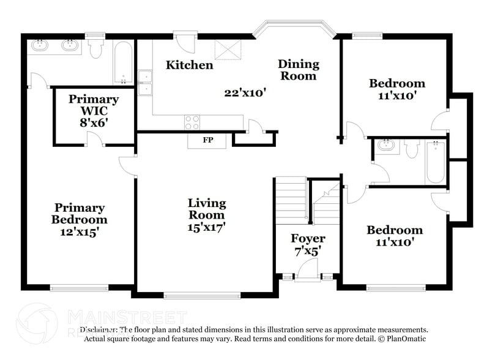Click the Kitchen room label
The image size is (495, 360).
[x=190, y=65]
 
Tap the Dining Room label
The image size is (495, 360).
[x=298, y=70]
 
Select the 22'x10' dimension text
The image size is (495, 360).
[x=244, y=92]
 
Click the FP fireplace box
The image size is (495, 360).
[x=207, y=140]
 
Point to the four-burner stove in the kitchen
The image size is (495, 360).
[x=192, y=122]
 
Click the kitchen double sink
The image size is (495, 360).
[x=145, y=83]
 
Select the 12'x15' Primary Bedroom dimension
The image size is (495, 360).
[x=79, y=232]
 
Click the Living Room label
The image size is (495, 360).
[x=207, y=209]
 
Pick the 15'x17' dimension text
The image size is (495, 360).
[x=207, y=227]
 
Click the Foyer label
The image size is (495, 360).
[x=308, y=238]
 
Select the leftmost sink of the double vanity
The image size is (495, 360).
[x=42, y=45]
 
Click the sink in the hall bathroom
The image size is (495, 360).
[x=385, y=146]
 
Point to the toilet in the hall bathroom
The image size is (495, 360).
[x=411, y=148]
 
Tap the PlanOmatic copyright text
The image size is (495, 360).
[x=403, y=339]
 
